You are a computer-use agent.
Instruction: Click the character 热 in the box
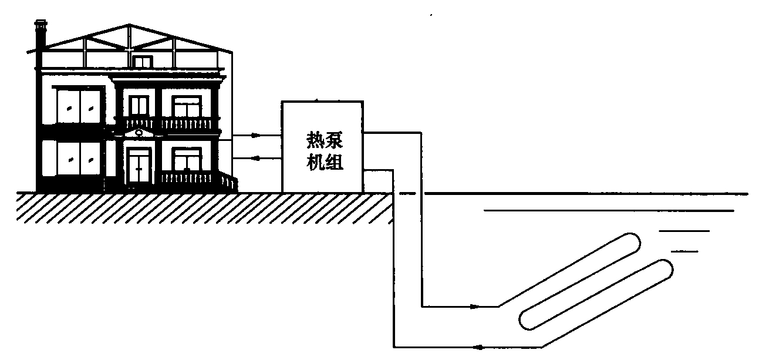312,141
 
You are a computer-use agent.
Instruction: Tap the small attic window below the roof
143,61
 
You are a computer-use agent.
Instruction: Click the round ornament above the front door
138,133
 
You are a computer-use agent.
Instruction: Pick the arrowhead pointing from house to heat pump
256,135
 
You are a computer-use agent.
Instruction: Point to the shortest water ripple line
684,251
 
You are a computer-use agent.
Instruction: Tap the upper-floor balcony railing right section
187,123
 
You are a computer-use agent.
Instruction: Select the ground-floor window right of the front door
186,159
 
